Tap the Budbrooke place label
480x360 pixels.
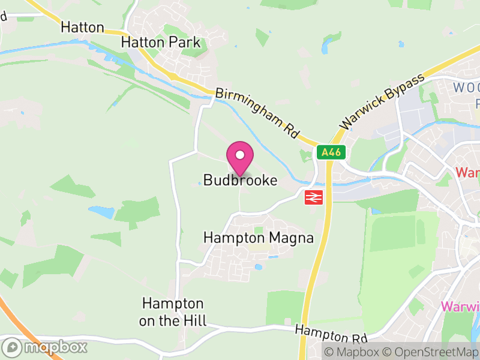[240, 180]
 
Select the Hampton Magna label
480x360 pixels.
[258, 238]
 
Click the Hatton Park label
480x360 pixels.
[160, 42]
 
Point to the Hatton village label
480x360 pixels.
[82, 28]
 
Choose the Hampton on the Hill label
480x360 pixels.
[172, 312]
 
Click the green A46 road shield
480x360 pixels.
[331, 152]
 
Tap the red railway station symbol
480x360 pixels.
[314, 197]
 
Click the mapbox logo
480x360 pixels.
[45, 347]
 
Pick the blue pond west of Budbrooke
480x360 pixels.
[101, 211]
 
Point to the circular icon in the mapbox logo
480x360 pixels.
[11, 347]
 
